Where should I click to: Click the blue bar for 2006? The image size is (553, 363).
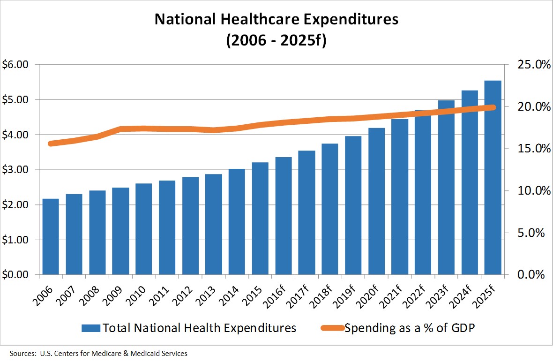[51, 236]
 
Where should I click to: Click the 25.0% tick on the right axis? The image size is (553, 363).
[532, 65]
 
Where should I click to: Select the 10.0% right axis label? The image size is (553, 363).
[532, 191]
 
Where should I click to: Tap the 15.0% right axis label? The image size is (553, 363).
[532, 149]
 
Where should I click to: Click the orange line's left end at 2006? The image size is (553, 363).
[51, 144]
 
